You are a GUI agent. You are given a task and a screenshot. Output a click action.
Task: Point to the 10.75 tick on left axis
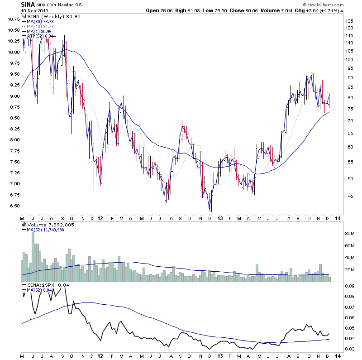click(x=13, y=19)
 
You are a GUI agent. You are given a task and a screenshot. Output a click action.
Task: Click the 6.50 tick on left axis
click(x=14, y=206)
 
